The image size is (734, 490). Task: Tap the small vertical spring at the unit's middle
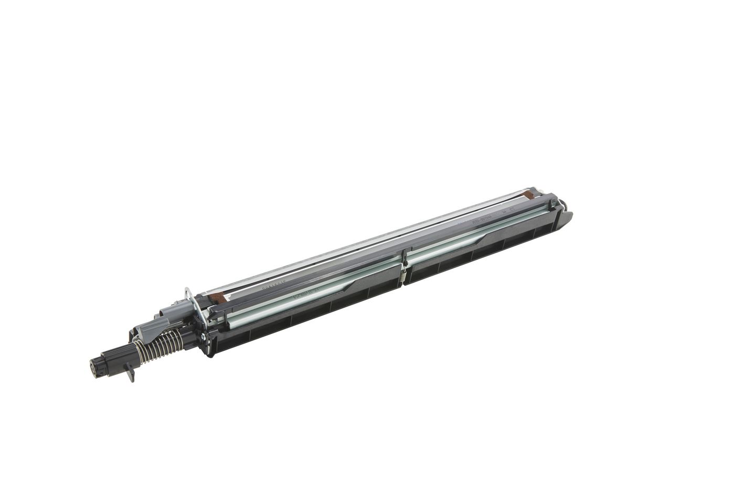(404, 273)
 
